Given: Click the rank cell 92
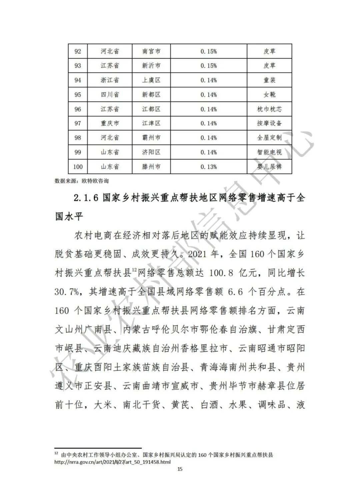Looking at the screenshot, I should (78, 51).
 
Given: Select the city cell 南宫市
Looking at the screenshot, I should (151, 51).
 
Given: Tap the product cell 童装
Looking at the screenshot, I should (269, 80).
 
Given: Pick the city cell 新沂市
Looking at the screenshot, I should (151, 66).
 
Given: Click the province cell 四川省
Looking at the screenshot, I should (110, 95).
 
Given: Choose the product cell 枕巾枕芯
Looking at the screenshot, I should (269, 109).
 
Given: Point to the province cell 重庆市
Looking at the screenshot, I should (110, 123).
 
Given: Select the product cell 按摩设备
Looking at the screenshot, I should (269, 123).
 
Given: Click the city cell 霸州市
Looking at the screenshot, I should (151, 138).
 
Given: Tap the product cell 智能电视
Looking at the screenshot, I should (269, 152).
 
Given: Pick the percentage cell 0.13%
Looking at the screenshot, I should (209, 167).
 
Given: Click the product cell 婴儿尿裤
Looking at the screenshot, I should (269, 167).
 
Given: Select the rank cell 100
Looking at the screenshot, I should (78, 167).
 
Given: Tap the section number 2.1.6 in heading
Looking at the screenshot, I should (85, 198).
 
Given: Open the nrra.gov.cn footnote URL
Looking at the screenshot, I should (112, 462).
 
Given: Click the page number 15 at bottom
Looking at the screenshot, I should (180, 469).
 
